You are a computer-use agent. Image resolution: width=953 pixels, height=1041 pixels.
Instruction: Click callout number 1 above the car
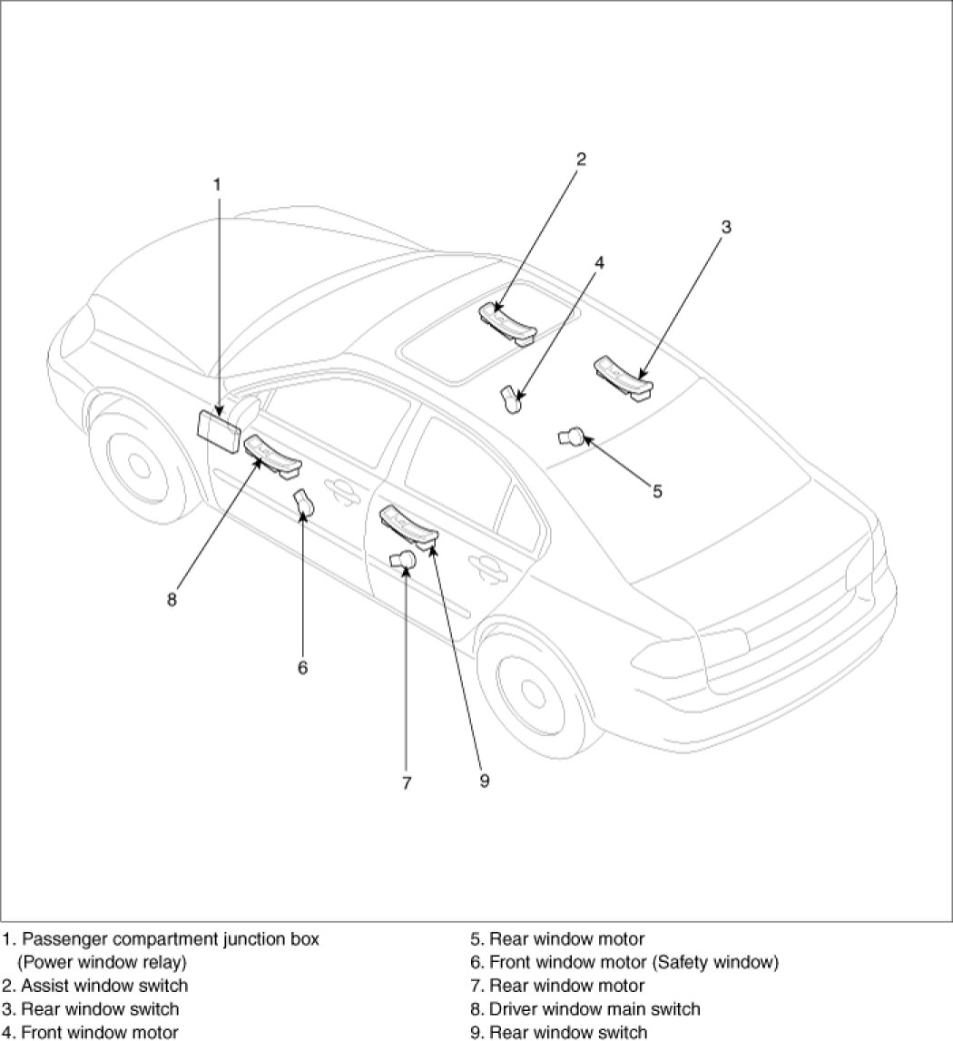coord(217,184)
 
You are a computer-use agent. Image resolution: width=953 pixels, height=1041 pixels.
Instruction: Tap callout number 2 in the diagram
coord(581,160)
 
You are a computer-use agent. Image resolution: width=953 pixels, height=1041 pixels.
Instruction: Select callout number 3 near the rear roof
coord(726,227)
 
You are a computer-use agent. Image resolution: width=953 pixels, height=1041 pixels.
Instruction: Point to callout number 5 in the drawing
coord(657,491)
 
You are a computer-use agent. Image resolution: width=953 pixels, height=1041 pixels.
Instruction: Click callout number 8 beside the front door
coord(172,599)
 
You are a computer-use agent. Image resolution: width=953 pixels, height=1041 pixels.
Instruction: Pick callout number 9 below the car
coord(484,781)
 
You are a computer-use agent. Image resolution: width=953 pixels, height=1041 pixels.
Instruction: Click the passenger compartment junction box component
coord(219,428)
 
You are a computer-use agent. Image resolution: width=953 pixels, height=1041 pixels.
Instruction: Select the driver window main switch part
coord(272,456)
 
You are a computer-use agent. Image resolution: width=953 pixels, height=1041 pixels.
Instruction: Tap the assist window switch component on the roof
coord(507,323)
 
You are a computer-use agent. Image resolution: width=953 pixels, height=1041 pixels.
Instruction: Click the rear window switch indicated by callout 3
coord(624,377)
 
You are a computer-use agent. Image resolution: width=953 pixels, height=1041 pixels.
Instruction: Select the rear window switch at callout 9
coord(408,526)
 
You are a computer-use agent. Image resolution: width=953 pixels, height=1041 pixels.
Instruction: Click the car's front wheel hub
coord(139,466)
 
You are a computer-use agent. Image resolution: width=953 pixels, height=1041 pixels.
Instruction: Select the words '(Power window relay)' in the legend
coord(102,962)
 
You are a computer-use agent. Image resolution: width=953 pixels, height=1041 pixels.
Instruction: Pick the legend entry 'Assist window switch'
coord(95,986)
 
